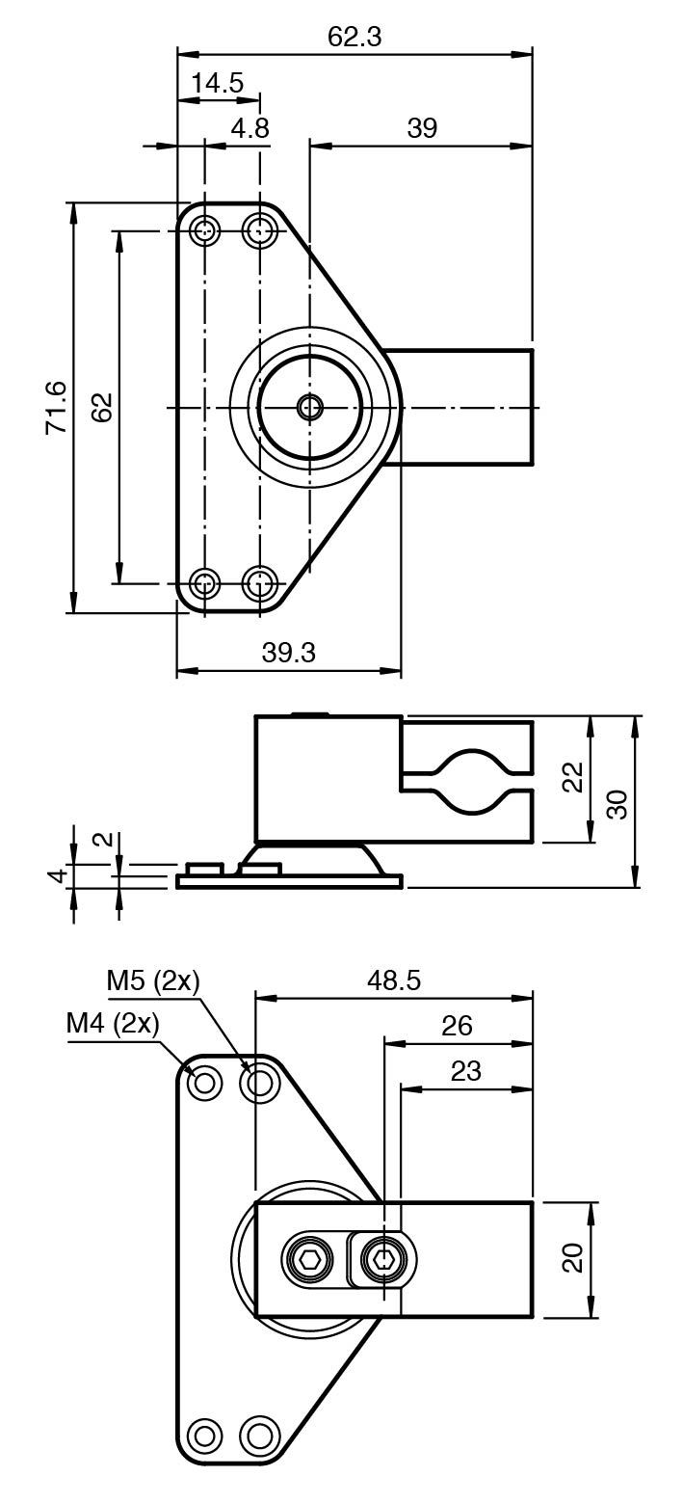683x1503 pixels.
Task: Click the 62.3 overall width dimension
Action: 355,37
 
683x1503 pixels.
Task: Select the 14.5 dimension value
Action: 217,83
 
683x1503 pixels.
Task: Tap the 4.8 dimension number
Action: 250,128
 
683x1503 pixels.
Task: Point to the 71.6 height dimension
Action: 56,407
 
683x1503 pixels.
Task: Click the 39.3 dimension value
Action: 288,653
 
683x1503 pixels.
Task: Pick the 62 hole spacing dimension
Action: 103,407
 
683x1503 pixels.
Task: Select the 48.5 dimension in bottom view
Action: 394,980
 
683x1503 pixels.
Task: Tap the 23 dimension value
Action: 465,1071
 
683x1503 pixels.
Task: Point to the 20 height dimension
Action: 573,1258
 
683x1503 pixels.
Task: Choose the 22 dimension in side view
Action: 573,778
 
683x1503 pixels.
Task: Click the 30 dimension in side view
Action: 617,803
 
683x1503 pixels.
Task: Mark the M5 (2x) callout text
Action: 152,981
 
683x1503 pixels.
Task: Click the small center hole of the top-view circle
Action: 309,407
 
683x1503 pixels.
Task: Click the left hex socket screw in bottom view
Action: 308,1258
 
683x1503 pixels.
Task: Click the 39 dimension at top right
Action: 422,128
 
